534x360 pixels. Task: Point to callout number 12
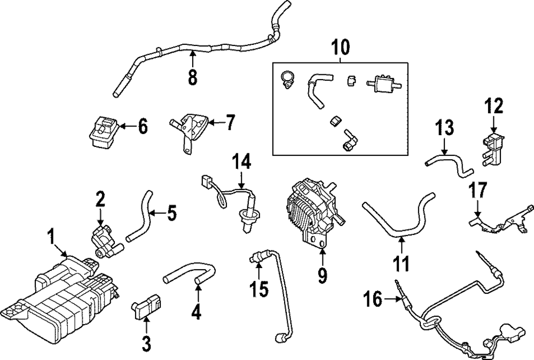[x=494, y=106]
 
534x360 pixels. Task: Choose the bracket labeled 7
[x=188, y=130]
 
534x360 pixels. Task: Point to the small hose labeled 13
[x=449, y=163]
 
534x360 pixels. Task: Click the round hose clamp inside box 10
[x=287, y=80]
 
